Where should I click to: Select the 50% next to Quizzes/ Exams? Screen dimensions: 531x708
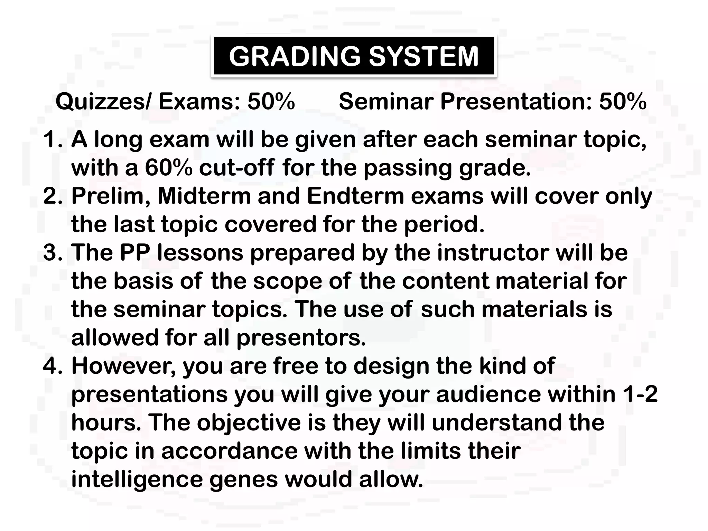coord(271,102)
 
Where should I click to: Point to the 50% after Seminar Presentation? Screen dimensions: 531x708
coord(623,102)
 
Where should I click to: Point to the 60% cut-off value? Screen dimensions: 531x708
coord(168,168)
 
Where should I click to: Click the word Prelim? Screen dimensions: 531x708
coord(111,196)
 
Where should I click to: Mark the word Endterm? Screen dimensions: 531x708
coord(355,196)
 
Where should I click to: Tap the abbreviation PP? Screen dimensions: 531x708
coord(135,253)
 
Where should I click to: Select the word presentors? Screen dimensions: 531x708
coord(301,338)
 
